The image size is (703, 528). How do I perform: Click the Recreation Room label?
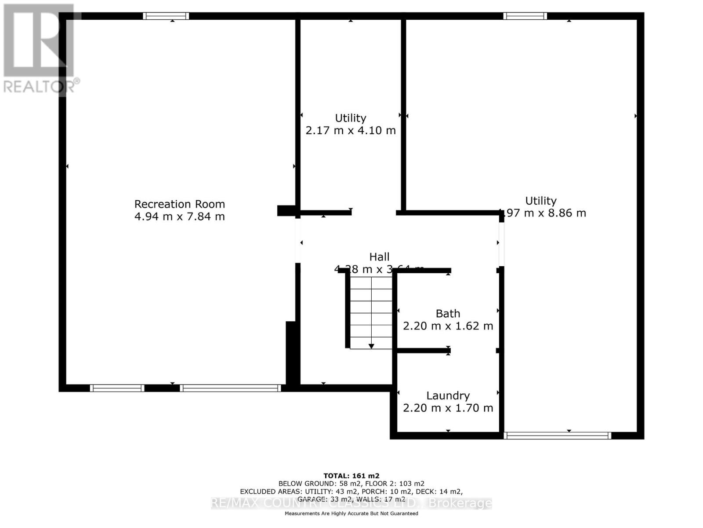coord(179,204)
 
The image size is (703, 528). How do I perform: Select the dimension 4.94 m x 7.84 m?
coord(179,216)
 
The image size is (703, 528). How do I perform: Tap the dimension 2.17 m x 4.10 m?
coord(350,131)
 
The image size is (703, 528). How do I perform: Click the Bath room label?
coord(448,314)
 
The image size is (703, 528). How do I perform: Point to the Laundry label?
coord(448,396)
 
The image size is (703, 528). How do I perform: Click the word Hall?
coord(379,257)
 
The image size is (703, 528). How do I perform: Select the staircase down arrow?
coord(371,346)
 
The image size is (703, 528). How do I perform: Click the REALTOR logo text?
coord(41,86)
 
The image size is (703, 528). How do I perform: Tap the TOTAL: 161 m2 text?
coord(351,476)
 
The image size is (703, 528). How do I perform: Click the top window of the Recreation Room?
coord(166,16)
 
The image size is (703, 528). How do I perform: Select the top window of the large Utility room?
coord(525,16)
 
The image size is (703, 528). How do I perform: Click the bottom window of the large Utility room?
coord(557,436)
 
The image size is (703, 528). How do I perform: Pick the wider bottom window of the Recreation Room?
coord(230,388)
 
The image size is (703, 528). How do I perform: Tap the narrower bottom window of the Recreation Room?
coord(117,388)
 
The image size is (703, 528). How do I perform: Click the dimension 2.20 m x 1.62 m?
coord(448,326)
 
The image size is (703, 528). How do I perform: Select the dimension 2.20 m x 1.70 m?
coord(448,408)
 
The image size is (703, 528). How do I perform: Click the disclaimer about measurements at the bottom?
coord(351,513)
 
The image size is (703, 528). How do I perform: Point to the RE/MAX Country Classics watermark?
coord(351,503)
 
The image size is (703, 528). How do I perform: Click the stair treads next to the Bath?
coord(371,308)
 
